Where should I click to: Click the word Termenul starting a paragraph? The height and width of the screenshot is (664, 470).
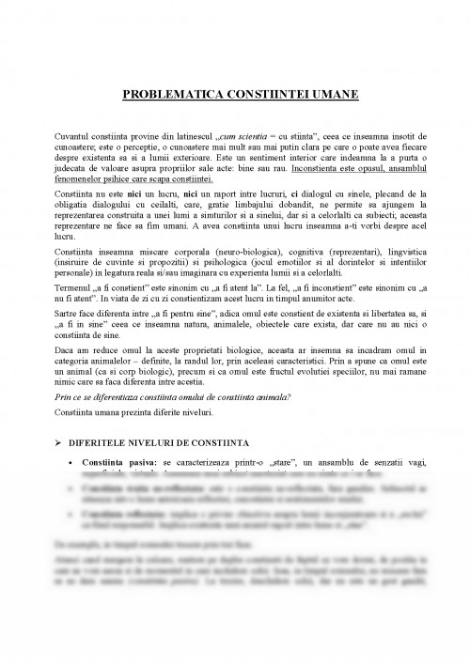tap(76, 282)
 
